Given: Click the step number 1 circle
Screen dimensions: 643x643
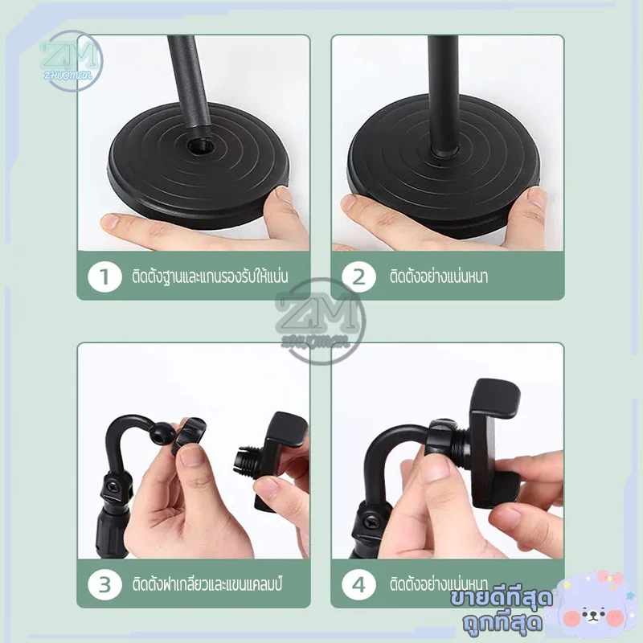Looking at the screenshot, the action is tap(104, 276).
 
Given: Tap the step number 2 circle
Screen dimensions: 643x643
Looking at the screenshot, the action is tap(358, 276).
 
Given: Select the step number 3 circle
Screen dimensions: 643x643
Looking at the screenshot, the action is tap(104, 584).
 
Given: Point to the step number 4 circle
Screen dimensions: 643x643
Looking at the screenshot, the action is tap(358, 584).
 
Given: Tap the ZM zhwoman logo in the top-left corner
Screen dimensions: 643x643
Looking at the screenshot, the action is tap(72, 61).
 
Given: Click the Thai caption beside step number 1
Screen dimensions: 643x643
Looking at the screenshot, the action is tap(210, 276).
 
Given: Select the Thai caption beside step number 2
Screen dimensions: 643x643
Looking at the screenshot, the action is tap(439, 276).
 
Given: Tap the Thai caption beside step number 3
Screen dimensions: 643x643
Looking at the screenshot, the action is tap(207, 584).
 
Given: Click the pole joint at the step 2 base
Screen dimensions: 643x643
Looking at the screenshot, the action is tap(445, 153).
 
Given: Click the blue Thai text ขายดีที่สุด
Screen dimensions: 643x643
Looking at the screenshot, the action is tap(502, 598).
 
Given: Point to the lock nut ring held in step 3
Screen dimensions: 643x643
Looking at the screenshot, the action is tap(189, 436).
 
